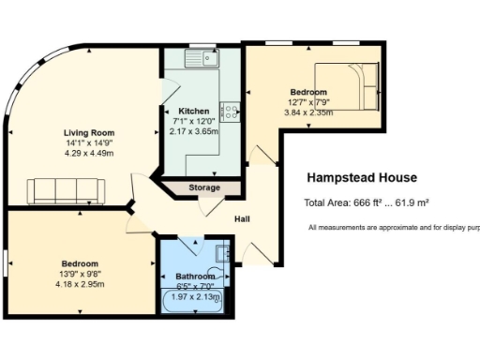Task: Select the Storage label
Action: point(203,187)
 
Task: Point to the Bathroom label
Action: point(194,277)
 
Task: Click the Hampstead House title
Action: point(362,178)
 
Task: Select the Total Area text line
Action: point(366,202)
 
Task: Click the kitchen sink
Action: point(202,58)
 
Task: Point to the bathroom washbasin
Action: point(220,252)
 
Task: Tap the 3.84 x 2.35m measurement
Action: point(310,112)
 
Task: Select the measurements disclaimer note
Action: point(394,228)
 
